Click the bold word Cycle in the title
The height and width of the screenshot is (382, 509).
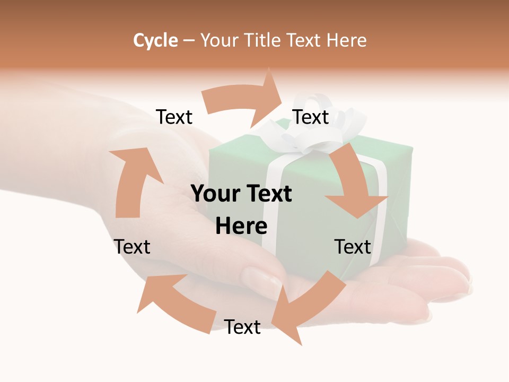tap(155, 40)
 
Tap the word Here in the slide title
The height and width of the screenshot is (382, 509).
tap(347, 40)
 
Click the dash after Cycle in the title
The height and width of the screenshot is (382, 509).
tap(189, 41)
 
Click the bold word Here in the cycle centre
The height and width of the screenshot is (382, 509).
tap(241, 227)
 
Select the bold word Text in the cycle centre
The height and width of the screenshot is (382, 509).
tap(268, 194)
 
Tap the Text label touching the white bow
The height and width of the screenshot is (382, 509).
tap(311, 117)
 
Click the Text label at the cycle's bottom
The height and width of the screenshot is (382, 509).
tap(242, 327)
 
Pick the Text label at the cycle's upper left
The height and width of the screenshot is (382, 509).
tap(174, 117)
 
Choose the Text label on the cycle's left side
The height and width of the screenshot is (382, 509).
tap(132, 247)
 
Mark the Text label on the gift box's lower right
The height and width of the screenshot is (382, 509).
tap(353, 247)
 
